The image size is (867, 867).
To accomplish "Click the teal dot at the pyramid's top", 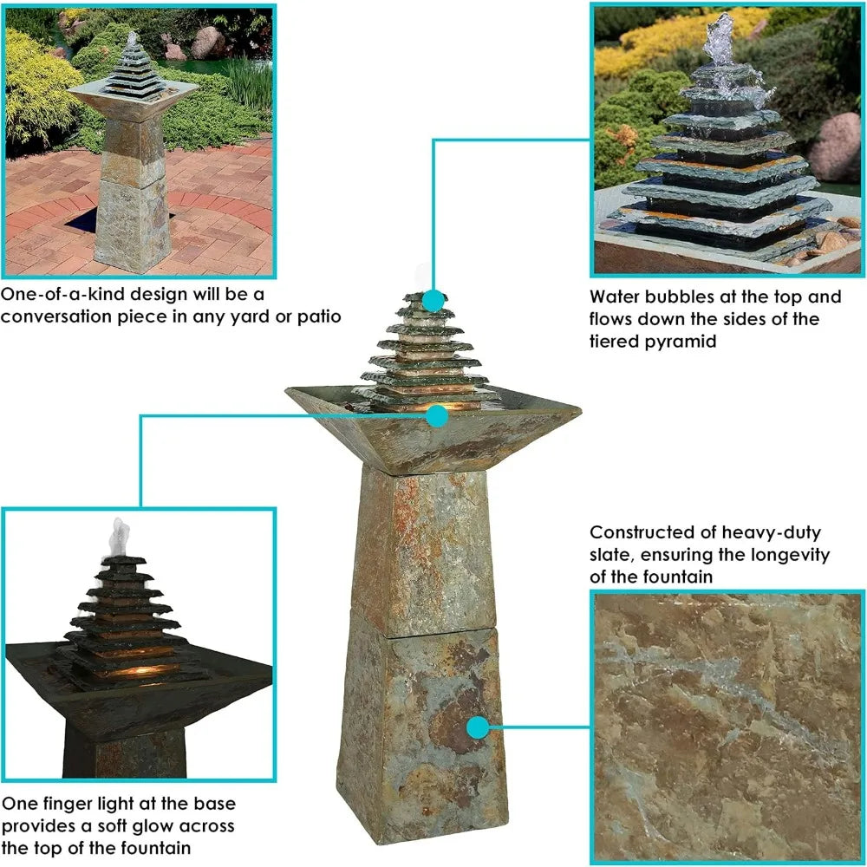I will tap(434, 301).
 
